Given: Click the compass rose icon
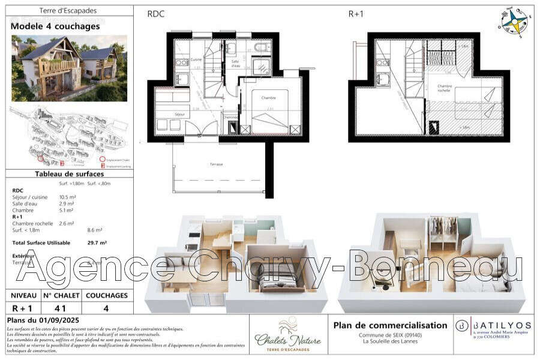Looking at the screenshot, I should tap(515, 20).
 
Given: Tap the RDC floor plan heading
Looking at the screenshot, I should tap(155, 14).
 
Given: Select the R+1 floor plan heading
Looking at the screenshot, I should tap(356, 14).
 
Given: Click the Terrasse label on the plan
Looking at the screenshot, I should tap(217, 164).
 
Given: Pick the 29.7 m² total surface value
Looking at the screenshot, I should tap(97, 243).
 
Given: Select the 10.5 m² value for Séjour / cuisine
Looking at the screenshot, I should tap(67, 197).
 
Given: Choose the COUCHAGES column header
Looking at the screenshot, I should tap(106, 295).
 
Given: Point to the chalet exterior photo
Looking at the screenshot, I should tap(69, 68).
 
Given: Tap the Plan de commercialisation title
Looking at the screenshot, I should tap(390, 325).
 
